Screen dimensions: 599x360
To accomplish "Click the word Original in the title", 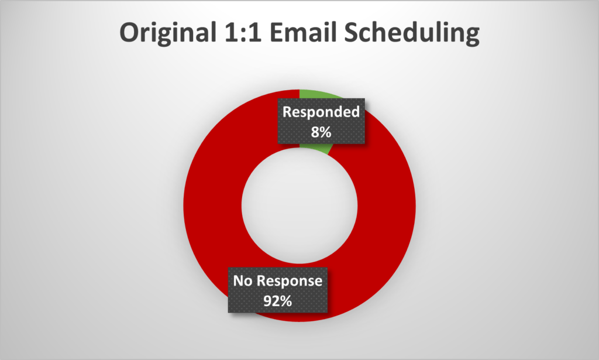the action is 168,33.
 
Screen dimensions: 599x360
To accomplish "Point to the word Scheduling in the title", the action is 412,33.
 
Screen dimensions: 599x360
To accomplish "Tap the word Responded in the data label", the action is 321,112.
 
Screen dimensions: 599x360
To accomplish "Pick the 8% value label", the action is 321,132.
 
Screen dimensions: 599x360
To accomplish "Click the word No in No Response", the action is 243,281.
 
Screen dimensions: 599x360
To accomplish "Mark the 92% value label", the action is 278,301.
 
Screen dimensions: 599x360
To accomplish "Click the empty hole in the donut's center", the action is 299,206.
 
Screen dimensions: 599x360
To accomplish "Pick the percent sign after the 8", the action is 325,132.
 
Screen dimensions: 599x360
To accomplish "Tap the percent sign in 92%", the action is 286,301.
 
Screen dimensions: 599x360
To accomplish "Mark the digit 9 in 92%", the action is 267,301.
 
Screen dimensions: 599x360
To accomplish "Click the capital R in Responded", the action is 287,112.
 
